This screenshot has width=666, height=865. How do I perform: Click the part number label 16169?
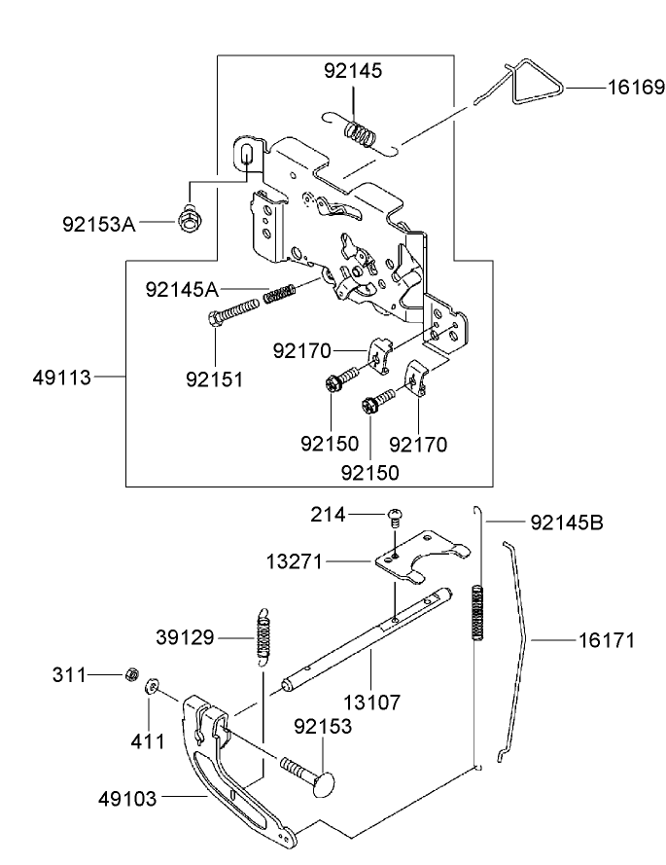tap(637, 88)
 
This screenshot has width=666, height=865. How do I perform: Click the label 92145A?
tap(183, 289)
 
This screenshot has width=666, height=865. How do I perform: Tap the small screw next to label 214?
tap(396, 515)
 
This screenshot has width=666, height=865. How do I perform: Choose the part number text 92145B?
tap(567, 523)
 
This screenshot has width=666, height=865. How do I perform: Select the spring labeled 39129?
tap(263, 636)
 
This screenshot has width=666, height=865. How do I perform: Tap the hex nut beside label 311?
tap(130, 674)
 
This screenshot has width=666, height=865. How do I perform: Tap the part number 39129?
tap(186, 637)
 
